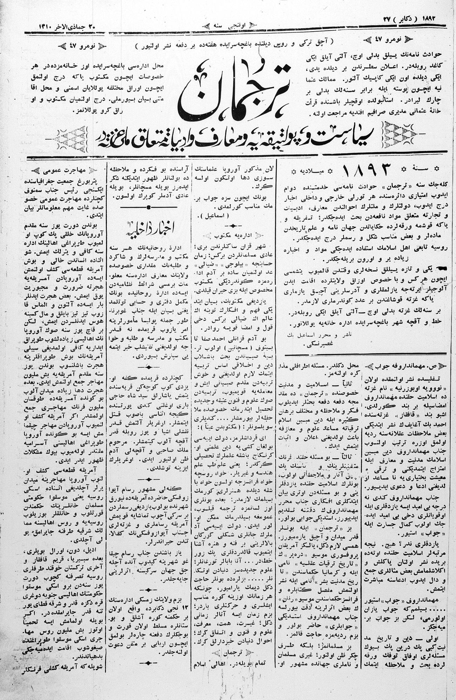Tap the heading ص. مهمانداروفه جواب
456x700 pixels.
tap(408, 366)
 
